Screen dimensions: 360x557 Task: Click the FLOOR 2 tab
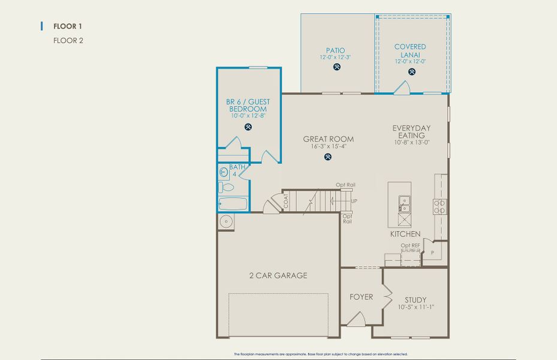coord(67,41)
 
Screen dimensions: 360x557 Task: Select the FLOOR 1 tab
coord(67,26)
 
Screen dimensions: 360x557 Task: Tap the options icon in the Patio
coord(336,67)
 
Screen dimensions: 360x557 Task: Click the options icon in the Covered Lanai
coord(412,71)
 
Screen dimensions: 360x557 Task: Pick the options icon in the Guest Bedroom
coord(248,127)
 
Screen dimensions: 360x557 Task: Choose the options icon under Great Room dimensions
coord(328,157)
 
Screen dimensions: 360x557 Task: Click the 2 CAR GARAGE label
coord(278,276)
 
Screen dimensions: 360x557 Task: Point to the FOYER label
coord(361,297)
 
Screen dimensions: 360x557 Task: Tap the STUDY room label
coord(416,300)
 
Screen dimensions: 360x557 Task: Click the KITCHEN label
coord(405,234)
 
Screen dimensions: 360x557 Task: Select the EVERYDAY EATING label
coord(411,132)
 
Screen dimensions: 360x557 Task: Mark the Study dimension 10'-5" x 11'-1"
coord(416,308)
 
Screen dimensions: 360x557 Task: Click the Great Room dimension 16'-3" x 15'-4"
coord(328,146)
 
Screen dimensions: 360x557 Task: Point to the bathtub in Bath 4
coord(233,204)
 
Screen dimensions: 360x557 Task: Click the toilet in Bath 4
coord(223,187)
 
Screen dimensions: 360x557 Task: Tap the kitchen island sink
coord(404,204)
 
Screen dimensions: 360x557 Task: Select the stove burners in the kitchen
coord(440,206)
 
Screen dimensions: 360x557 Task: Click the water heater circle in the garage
coord(226,221)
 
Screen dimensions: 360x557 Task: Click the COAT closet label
coord(286,203)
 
